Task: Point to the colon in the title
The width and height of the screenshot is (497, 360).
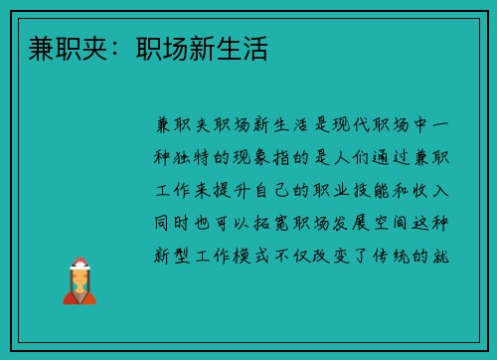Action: [x=118, y=48]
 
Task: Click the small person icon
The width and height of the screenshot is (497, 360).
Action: [x=80, y=281]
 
